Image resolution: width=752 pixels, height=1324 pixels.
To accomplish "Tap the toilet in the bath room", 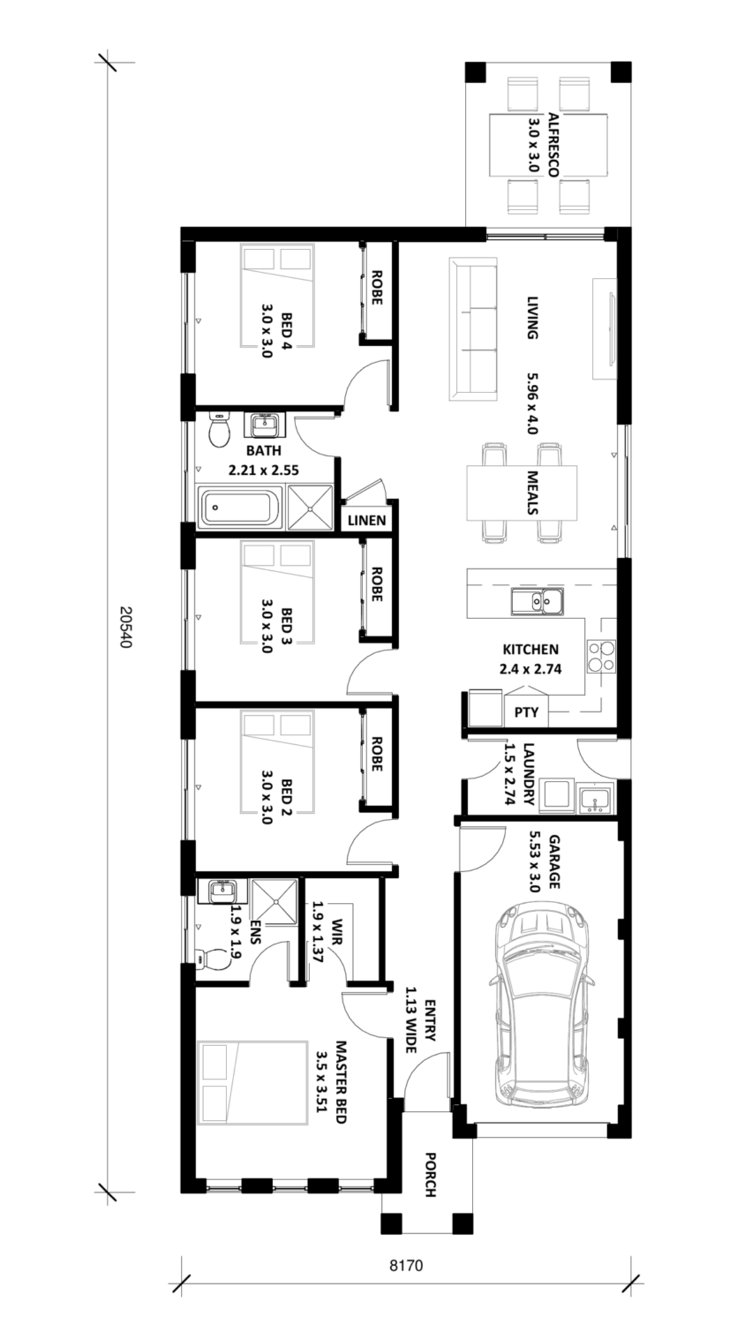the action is (219, 430).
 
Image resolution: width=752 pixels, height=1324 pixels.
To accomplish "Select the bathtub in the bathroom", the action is (241, 508).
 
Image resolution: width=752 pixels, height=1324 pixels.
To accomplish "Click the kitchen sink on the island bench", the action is (538, 601).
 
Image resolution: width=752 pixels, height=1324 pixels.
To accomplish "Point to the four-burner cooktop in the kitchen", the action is (601, 658).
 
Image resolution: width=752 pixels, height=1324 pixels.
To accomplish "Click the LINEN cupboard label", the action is (366, 520).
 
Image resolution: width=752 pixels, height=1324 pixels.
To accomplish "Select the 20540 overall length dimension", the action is (124, 627).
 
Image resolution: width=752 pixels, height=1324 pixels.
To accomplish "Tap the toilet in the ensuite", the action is (212, 958).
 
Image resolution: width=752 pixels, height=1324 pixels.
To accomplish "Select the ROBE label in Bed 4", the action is (376, 287).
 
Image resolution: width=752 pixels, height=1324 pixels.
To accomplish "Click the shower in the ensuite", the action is (274, 901).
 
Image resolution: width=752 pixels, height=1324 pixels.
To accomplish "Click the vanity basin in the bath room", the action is (264, 424).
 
